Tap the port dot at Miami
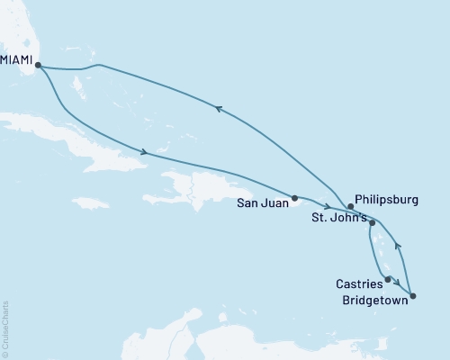[38, 65]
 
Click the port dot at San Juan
[295, 197]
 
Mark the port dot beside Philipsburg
[351, 206]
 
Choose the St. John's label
[339, 219]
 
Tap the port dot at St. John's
[372, 221]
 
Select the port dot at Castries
[388, 279]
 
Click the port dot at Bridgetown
[412, 295]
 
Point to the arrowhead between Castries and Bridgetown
[398, 285]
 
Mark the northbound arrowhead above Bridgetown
[400, 245]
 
